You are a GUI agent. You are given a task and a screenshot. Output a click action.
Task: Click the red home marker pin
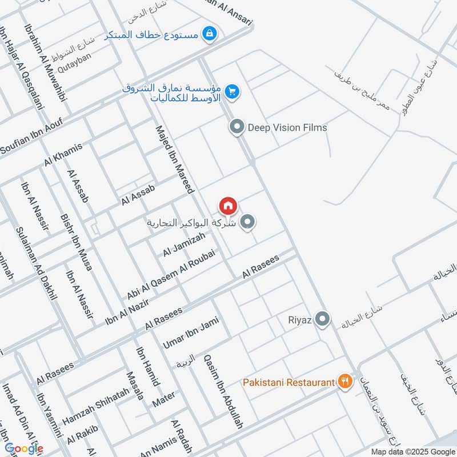[x=227, y=205]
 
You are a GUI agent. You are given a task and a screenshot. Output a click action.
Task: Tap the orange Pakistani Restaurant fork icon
[x=344, y=381]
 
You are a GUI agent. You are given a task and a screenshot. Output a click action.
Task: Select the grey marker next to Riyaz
[x=323, y=319]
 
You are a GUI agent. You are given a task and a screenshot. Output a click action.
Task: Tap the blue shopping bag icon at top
[x=210, y=34]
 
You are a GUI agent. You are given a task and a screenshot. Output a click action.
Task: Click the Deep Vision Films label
[x=287, y=127]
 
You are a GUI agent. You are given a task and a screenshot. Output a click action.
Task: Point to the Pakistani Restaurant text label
[x=288, y=382]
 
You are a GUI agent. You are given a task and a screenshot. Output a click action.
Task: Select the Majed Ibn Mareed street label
[x=175, y=159]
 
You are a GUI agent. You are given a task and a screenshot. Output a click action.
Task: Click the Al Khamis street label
[x=63, y=154]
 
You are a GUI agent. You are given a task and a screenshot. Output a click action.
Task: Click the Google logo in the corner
[x=23, y=448]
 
